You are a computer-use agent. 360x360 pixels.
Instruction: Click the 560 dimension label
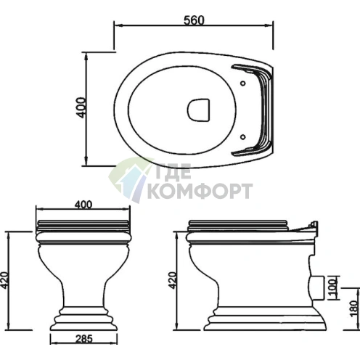pos(194,20)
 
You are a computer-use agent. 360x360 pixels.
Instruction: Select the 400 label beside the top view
pos(81,107)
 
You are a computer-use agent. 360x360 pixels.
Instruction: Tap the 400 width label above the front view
pos(83,205)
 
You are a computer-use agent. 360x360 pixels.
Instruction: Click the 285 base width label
pos(84,339)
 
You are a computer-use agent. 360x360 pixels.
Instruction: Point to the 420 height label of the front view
pos(4,281)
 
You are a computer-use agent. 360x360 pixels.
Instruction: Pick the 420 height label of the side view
pos(172,280)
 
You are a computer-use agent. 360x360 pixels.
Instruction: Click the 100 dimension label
pos(334,287)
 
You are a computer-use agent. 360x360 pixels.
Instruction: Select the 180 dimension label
pos(354,308)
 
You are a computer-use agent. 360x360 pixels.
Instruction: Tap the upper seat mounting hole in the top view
pos(243,83)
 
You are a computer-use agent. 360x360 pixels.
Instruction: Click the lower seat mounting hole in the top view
pos(243,137)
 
